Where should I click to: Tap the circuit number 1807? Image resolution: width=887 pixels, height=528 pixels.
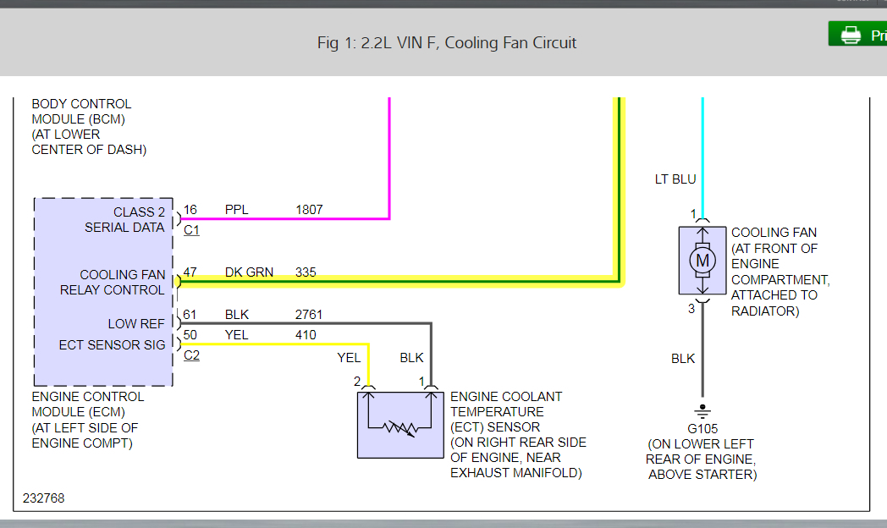[x=309, y=209]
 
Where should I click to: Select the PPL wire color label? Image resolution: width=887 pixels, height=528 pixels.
[x=237, y=209]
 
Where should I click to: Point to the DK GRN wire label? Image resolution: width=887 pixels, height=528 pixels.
[x=249, y=272]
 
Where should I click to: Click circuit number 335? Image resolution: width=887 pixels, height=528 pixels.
[x=306, y=272]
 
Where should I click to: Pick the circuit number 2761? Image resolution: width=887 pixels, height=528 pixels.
[x=309, y=315]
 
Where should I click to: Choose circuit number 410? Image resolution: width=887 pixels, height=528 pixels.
[x=306, y=335]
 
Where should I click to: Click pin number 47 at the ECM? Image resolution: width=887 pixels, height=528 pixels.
[x=190, y=272]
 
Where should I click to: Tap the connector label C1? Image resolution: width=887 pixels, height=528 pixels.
[x=191, y=229]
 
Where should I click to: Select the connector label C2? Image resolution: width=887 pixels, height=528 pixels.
[x=191, y=355]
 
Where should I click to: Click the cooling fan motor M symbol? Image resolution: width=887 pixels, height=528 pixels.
[x=702, y=261]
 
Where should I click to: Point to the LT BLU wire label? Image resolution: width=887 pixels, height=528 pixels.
[x=675, y=179]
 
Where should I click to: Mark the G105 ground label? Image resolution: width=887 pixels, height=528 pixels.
[x=702, y=429]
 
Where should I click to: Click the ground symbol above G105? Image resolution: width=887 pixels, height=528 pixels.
[x=702, y=411]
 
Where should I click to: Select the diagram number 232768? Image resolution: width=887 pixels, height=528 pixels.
[x=44, y=498]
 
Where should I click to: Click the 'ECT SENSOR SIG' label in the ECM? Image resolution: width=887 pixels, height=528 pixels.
[x=113, y=345]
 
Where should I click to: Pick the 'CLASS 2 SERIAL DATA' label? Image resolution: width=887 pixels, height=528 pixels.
[x=124, y=219]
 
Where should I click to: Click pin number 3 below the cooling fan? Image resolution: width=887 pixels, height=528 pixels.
[x=691, y=309]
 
